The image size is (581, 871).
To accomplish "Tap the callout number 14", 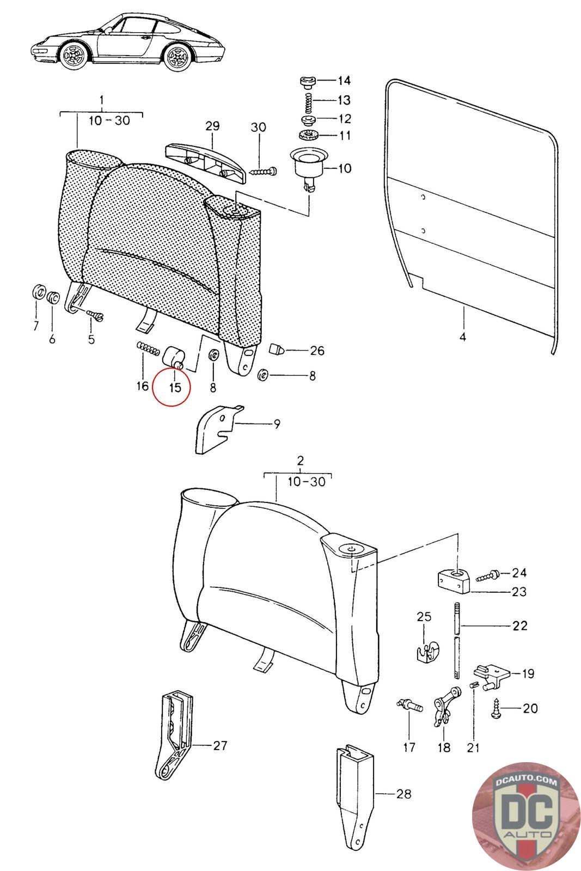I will point(344,81).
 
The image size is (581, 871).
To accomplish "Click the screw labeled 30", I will point(264,171).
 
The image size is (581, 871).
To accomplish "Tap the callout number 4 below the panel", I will point(462,338).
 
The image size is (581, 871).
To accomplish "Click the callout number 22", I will point(519,625).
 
